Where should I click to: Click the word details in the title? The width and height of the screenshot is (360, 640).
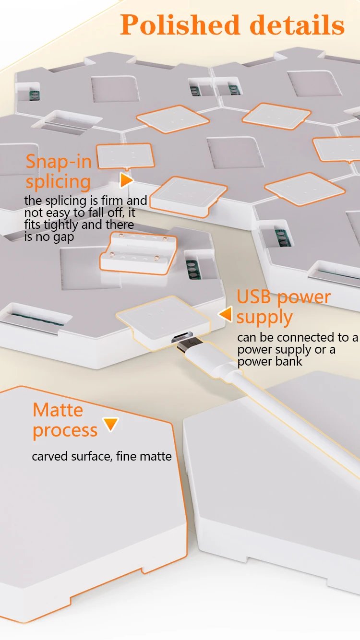point(298,24)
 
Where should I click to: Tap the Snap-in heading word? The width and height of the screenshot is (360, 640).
point(59,162)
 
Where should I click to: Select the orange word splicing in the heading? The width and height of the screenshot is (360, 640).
point(58,182)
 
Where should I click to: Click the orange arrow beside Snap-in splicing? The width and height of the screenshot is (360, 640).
point(126,180)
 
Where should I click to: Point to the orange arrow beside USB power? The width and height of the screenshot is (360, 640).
point(226,314)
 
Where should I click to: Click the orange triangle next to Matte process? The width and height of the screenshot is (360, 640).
point(111,424)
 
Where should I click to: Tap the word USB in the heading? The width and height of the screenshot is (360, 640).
point(255,297)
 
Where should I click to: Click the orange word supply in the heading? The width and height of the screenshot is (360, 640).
point(264,317)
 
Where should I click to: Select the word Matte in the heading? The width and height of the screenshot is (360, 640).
point(58,410)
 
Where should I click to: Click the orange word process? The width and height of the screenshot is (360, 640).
point(65,430)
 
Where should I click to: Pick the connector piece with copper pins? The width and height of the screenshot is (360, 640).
point(138,252)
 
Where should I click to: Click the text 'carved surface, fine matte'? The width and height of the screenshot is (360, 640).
point(101,456)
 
